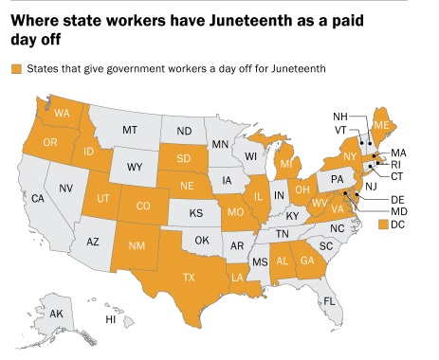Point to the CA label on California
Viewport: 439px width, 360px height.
coord(38,199)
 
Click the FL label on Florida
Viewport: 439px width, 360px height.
coord(329,301)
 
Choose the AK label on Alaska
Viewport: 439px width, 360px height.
coord(56,314)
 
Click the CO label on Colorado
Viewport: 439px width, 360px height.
coord(142,205)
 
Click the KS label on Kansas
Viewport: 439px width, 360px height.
coord(196,214)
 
